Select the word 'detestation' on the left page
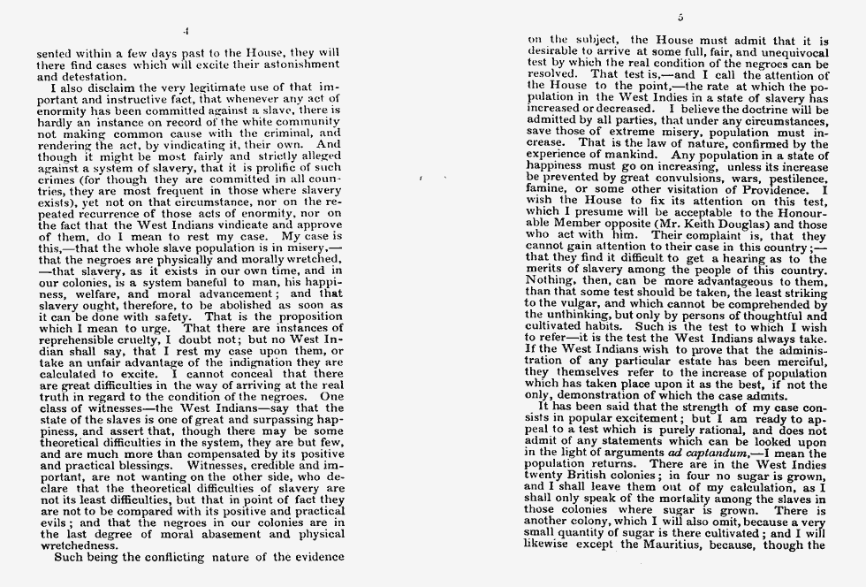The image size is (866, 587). [x=69, y=77]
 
